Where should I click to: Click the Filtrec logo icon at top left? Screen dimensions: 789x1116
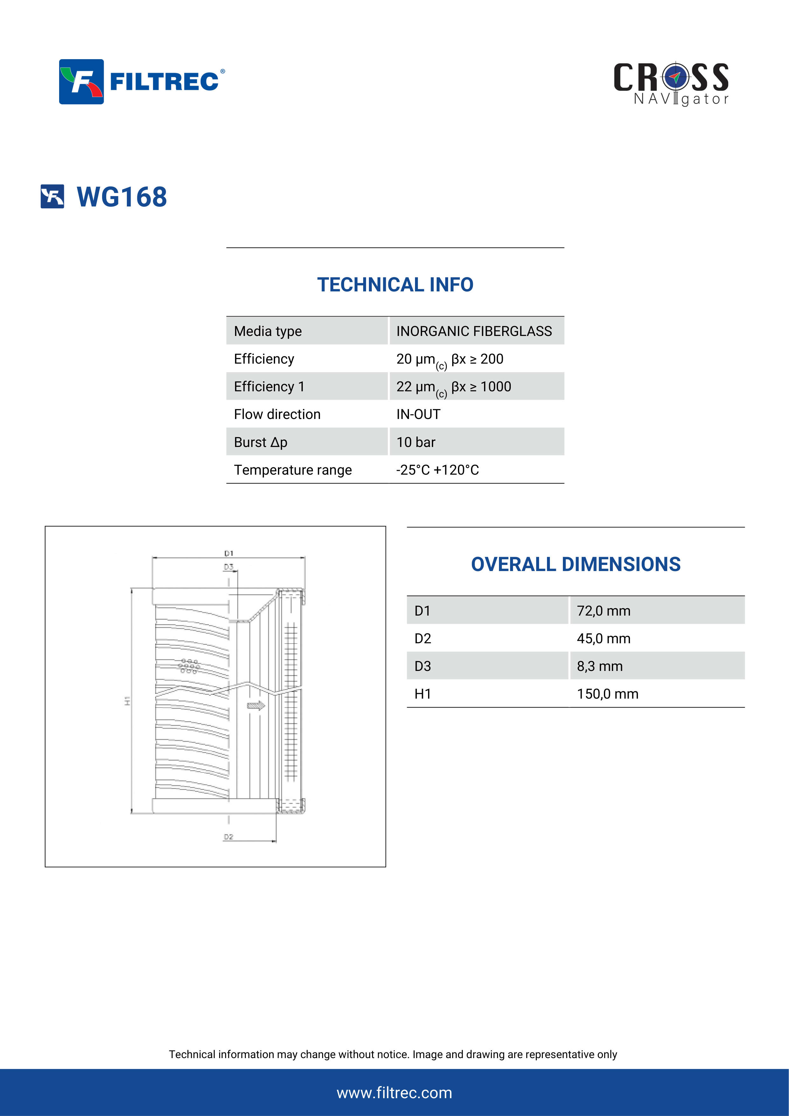[81, 82]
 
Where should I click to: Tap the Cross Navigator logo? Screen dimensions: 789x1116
[671, 84]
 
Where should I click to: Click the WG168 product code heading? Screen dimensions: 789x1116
[122, 197]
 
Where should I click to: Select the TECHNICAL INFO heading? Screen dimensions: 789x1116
[395, 284]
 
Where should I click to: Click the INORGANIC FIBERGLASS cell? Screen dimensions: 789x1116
[474, 331]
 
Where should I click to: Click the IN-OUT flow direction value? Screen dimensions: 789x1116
[418, 414]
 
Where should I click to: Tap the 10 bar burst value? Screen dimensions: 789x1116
[416, 442]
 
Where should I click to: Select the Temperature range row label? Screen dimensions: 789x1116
[293, 470]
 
